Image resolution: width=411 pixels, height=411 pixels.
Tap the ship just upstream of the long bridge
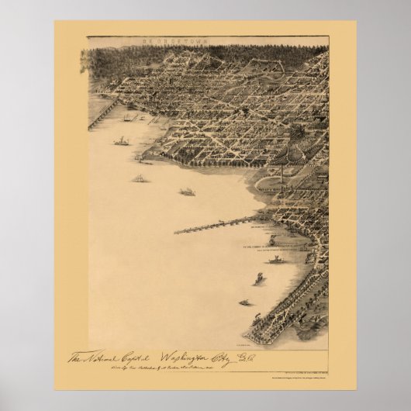tap(187, 192)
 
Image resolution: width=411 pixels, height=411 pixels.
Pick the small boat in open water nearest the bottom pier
tap(244, 302)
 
